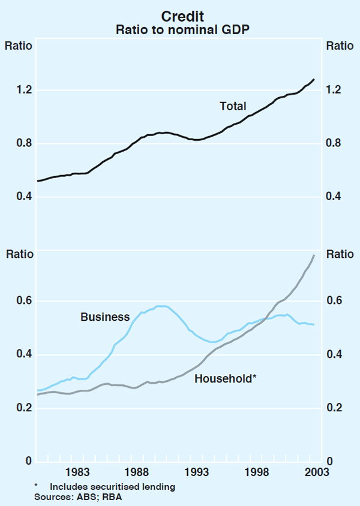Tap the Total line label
point(233,106)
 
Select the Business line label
point(105,317)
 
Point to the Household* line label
point(226,378)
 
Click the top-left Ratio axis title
point(19,45)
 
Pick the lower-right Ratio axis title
point(340,254)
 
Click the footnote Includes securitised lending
point(112,487)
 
